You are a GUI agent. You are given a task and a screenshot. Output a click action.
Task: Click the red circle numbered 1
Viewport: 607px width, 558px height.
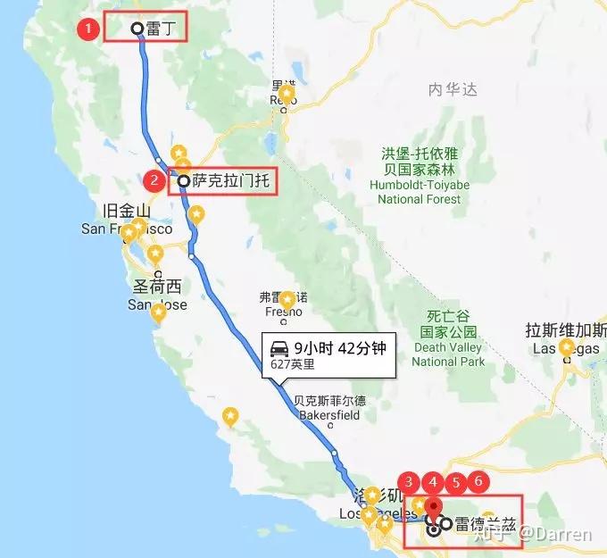(x=87, y=29)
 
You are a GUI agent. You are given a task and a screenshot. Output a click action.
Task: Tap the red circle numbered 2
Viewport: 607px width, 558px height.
(x=154, y=181)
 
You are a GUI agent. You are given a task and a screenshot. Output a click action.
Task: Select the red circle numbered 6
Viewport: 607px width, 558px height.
(x=478, y=482)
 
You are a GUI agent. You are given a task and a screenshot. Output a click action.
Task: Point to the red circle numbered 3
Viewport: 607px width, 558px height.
(x=409, y=482)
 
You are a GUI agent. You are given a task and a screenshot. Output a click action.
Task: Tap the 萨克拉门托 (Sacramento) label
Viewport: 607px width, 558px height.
(x=229, y=182)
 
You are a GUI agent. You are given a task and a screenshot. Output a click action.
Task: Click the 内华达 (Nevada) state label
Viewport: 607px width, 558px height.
(x=453, y=89)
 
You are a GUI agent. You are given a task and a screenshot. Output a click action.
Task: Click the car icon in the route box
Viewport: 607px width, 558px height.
(x=279, y=348)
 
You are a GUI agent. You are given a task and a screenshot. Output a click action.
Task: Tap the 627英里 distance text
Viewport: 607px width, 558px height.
(x=292, y=364)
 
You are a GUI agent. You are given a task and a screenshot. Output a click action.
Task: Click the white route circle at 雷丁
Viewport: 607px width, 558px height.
(x=137, y=29)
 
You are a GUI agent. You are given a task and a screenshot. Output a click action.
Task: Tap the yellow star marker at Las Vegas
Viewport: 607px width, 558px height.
(x=566, y=348)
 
